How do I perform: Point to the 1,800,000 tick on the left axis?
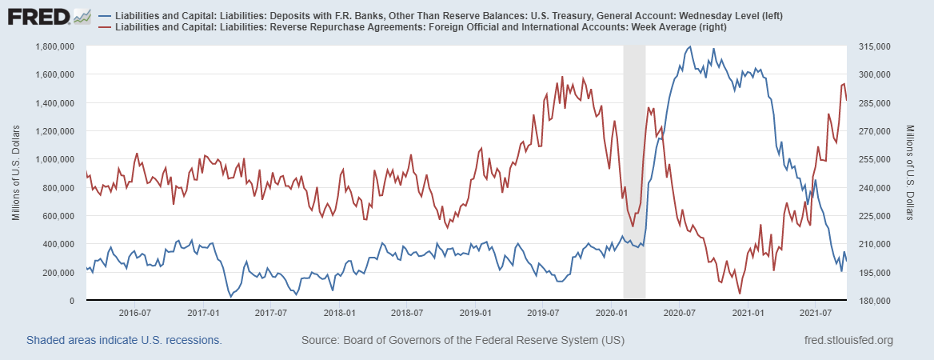[56, 46]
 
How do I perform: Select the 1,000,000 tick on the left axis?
[56, 159]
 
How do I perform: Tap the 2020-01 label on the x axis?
[611, 312]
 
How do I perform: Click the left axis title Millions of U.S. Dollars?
[16, 173]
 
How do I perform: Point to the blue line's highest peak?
[690, 46]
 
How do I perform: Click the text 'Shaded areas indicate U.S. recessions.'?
[124, 341]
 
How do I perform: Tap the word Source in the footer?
[320, 341]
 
